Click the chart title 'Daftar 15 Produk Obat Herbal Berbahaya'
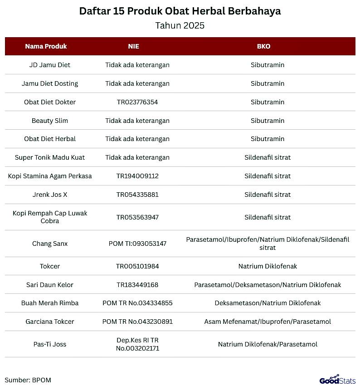tap(180, 11)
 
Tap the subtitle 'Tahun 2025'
tap(180, 25)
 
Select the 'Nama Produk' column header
tap(46, 46)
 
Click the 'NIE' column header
tap(134, 46)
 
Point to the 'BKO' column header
tap(263, 46)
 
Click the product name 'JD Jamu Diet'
tap(50, 65)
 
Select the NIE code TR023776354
tap(137, 102)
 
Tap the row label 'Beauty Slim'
tap(50, 121)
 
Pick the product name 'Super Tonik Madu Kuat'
tap(50, 157)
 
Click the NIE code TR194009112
tap(137, 176)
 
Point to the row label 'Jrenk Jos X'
tap(50, 195)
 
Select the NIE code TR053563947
tap(137, 217)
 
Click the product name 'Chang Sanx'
tap(50, 244)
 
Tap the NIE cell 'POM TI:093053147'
tap(137, 244)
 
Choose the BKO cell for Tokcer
tap(268, 266)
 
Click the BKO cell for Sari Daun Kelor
tap(268, 285)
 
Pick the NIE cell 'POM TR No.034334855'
tap(137, 303)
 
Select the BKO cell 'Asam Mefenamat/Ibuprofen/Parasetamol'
tap(268, 322)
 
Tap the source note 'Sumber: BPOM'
tap(28, 380)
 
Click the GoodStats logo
tap(337, 380)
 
